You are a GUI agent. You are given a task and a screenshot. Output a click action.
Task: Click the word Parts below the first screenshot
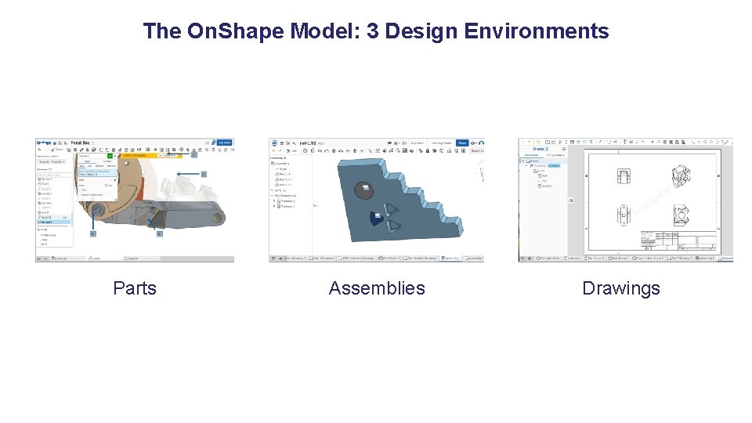click(x=135, y=288)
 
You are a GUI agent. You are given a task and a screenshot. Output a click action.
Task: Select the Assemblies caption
click(x=377, y=288)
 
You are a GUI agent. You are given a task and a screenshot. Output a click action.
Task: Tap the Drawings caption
click(x=620, y=288)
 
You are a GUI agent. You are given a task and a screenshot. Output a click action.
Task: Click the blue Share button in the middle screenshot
click(x=462, y=143)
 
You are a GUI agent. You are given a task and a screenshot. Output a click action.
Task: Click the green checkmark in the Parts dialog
click(x=110, y=155)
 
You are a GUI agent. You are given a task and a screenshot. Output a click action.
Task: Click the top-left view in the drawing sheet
click(x=624, y=177)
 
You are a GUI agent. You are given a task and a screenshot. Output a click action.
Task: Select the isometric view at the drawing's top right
click(x=679, y=177)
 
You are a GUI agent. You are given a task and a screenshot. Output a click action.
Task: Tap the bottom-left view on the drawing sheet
click(x=624, y=213)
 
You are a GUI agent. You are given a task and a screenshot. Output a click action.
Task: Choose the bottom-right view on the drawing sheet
click(x=679, y=212)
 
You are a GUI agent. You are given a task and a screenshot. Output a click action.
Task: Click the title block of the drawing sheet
click(x=678, y=240)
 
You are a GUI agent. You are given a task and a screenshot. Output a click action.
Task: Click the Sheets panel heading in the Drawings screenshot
click(x=539, y=148)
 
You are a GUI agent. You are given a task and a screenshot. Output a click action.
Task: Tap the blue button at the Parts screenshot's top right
click(x=224, y=143)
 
